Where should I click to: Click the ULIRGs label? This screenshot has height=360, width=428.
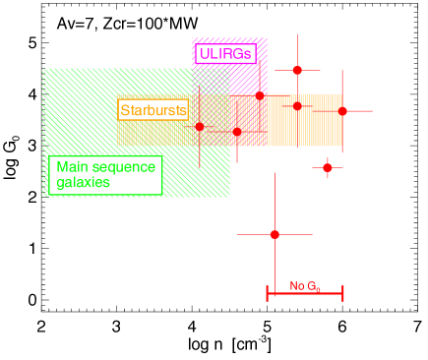click(225, 53)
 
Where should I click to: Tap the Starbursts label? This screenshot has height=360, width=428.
click(153, 110)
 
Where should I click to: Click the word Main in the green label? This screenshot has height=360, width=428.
click(72, 167)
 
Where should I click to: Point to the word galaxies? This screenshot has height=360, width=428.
click(83, 183)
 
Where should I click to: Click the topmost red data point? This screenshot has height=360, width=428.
click(297, 70)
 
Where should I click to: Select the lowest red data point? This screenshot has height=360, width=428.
click(275, 234)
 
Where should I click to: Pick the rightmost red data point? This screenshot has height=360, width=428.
click(342, 111)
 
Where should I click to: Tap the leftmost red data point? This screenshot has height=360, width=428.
click(199, 126)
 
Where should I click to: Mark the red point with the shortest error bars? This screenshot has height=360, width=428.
click(328, 167)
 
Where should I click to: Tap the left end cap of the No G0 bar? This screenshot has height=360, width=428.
click(268, 293)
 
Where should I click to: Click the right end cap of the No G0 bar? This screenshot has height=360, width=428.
click(342, 293)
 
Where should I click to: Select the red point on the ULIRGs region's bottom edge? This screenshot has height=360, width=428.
click(260, 95)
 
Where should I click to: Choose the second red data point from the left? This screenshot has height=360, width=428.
click(237, 131)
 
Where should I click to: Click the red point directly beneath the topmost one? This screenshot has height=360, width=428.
click(297, 105)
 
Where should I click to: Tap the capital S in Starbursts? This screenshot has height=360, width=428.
click(125, 110)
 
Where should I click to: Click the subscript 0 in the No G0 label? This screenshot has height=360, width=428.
click(317, 290)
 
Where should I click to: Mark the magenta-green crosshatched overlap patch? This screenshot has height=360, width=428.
click(211, 80)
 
